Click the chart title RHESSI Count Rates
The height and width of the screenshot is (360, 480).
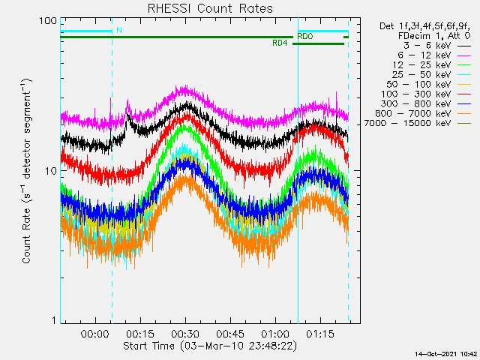click(210, 8)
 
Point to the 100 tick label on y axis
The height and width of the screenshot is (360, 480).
click(48, 21)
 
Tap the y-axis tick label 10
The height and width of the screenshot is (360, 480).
click(51, 171)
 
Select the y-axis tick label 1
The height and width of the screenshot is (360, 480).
click(55, 320)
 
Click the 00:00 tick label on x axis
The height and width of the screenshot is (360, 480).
click(95, 334)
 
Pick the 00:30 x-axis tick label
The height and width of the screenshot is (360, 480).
click(185, 334)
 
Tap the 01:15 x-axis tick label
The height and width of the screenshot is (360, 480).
click(320, 334)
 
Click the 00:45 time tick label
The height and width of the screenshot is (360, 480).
click(230, 334)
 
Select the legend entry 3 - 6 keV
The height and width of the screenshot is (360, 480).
click(437, 46)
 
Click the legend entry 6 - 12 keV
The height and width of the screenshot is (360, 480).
click(434, 55)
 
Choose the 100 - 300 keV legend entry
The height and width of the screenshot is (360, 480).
click(426, 94)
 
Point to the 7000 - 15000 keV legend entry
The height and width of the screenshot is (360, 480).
click(418, 123)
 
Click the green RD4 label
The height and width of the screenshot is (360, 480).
click(280, 43)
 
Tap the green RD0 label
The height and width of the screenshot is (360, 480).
click(305, 37)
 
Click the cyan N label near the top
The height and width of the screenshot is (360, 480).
click(119, 30)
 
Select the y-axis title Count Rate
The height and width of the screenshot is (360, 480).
click(27, 235)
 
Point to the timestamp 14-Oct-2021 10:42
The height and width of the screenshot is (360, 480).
click(446, 354)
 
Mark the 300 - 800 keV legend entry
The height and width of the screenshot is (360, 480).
click(426, 104)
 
